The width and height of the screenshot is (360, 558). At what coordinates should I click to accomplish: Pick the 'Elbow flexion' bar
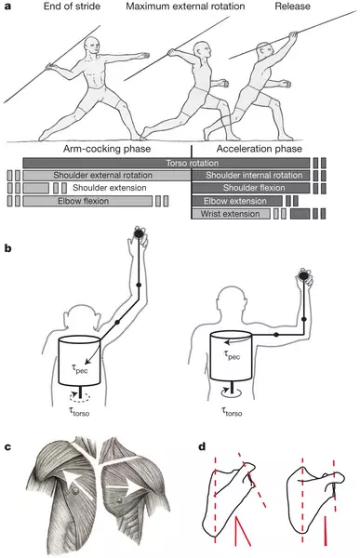pos(87,201)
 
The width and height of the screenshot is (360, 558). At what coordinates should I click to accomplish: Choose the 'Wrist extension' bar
pos(231,214)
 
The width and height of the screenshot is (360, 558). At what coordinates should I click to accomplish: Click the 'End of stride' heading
pos(72,7)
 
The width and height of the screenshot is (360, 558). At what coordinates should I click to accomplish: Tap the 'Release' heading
pos(292,7)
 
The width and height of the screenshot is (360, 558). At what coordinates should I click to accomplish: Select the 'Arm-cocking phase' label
pos(107,149)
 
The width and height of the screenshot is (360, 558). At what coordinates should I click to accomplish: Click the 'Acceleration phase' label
pos(260,149)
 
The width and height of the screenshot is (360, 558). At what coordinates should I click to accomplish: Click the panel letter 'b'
pos(7,248)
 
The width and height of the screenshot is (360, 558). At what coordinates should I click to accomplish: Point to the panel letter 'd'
pos(202,446)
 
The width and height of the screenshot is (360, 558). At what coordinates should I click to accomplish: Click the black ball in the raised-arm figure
pos(139,232)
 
